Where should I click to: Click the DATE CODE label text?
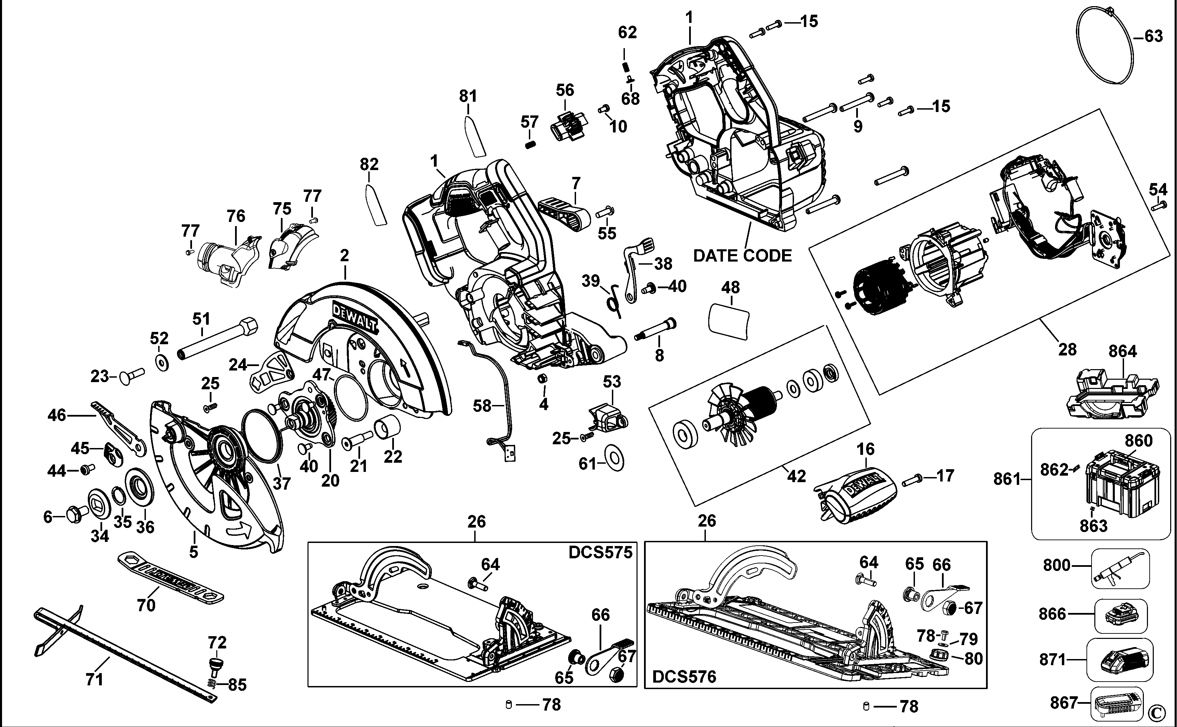[x=742, y=255]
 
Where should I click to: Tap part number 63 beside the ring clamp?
[x=1153, y=36]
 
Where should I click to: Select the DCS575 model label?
[x=600, y=553]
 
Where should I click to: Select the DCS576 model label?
[x=684, y=677]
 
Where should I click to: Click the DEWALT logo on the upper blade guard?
[x=356, y=317]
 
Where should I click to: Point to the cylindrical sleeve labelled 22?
[x=387, y=427]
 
